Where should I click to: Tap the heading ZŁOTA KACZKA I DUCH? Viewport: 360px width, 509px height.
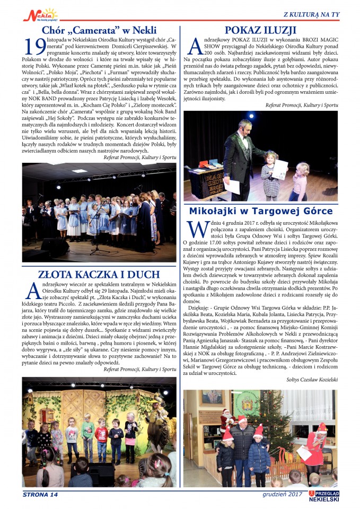point(99,274)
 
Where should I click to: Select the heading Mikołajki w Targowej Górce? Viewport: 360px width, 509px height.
point(260,211)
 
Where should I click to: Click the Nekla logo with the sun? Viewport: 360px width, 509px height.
point(40,14)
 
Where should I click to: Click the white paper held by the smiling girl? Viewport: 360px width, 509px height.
point(279,169)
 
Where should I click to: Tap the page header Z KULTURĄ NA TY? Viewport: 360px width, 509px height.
point(311,14)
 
